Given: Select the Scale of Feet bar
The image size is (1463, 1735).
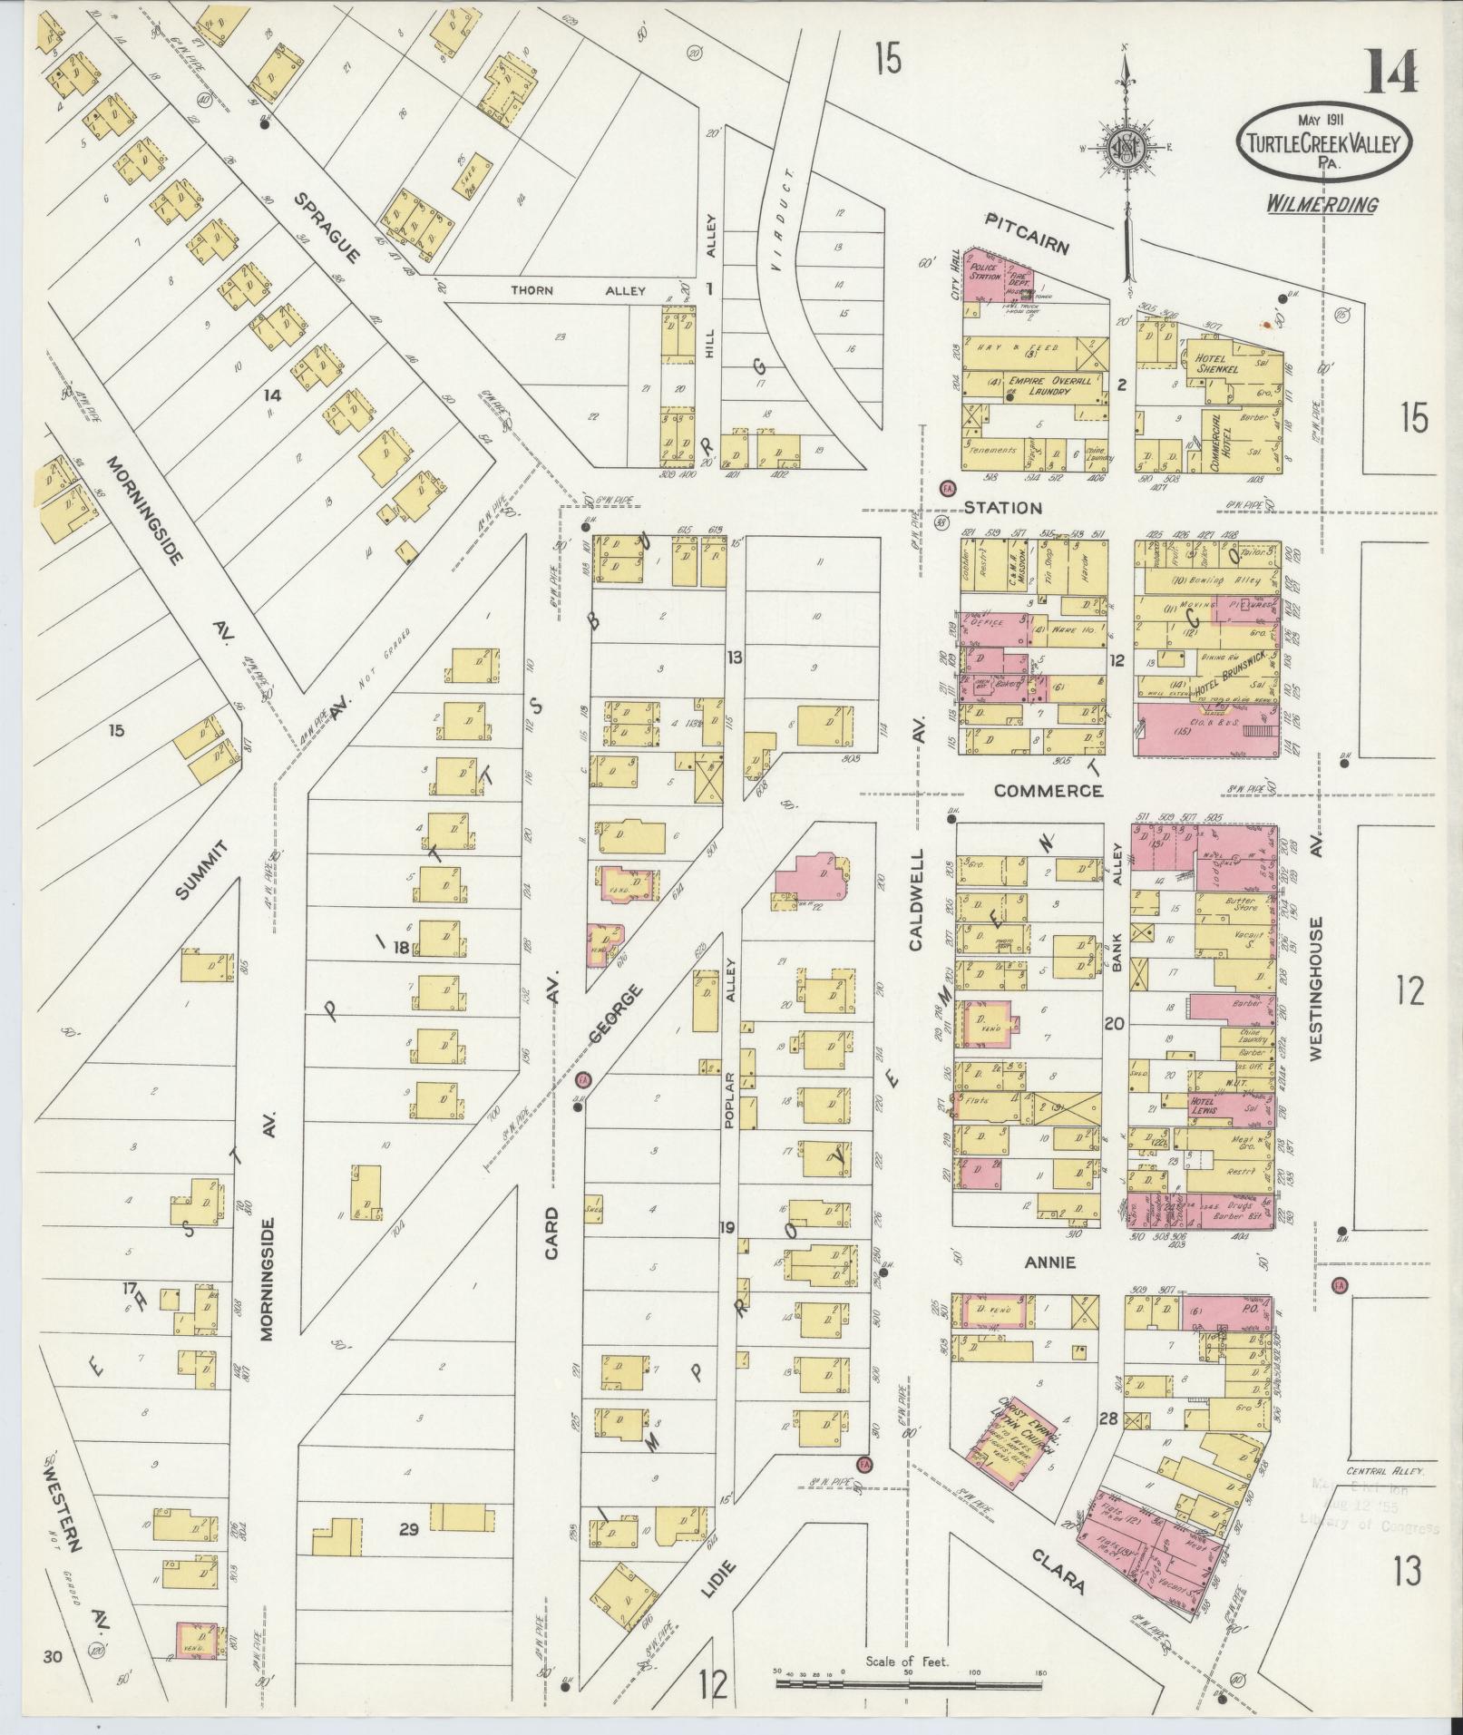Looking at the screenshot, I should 909,1684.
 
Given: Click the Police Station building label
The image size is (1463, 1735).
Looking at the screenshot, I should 983,272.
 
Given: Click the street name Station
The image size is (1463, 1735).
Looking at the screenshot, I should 1003,508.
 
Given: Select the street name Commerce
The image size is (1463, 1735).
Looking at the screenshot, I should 1048,791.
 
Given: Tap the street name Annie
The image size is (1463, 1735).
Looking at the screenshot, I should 1049,1262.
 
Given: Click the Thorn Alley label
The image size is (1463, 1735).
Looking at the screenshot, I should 579,291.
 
